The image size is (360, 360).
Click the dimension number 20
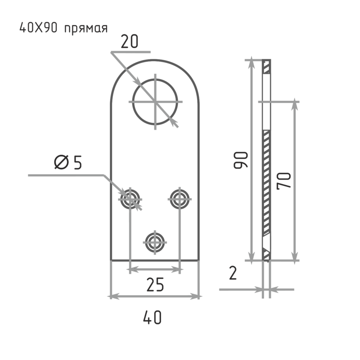pyautogui.click(x=130, y=42)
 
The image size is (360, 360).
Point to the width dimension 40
pyautogui.click(x=152, y=318)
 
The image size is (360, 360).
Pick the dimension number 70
pyautogui.click(x=285, y=180)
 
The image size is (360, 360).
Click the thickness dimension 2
pyautogui.click(x=233, y=273)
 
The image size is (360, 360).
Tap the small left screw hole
pyautogui.click(x=130, y=198)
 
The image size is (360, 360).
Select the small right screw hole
pyautogui.click(x=181, y=198)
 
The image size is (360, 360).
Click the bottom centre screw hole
pyautogui.click(x=155, y=243)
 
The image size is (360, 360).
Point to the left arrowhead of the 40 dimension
pyautogui.click(x=114, y=296)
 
